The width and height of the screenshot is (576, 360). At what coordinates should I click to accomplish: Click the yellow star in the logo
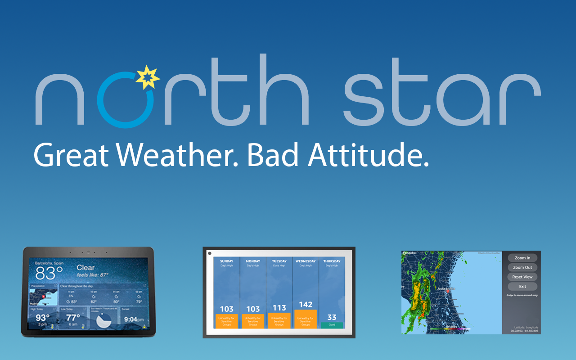pyautogui.click(x=148, y=77)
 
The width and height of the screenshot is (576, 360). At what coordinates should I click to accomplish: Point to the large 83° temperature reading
pyautogui.click(x=49, y=273)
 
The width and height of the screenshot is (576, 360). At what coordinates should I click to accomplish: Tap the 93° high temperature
pyautogui.click(x=42, y=318)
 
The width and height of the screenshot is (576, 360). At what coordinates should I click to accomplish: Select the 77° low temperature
pyautogui.click(x=73, y=318)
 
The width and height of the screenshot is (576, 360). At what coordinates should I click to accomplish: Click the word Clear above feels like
pyautogui.click(x=85, y=268)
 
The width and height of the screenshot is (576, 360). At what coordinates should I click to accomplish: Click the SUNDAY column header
pyautogui.click(x=227, y=261)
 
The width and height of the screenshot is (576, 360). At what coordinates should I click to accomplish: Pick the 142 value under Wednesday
pyautogui.click(x=306, y=305)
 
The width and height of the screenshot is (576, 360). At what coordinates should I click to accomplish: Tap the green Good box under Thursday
pyautogui.click(x=332, y=324)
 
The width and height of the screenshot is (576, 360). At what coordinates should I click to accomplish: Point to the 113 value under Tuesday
pyautogui.click(x=279, y=308)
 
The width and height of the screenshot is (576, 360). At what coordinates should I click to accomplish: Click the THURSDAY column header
pyautogui.click(x=332, y=261)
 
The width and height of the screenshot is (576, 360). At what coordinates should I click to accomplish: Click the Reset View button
pyautogui.click(x=522, y=277)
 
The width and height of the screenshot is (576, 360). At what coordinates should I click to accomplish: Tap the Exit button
pyautogui.click(x=522, y=286)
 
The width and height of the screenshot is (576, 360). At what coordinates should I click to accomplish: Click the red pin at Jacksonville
pyautogui.click(x=447, y=292)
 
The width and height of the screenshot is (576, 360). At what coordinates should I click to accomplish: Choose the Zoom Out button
pyautogui.click(x=522, y=267)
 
